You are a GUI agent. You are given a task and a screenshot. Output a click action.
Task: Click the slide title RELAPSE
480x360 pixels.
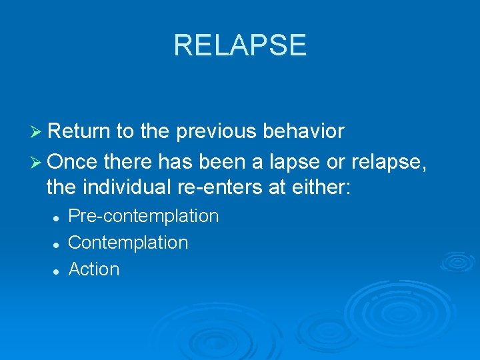[240, 45]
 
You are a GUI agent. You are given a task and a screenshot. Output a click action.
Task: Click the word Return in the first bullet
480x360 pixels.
[80, 131]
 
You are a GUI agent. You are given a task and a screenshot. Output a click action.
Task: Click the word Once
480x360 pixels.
[72, 159]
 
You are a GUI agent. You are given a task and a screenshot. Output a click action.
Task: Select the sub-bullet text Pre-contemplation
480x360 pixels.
[143, 216]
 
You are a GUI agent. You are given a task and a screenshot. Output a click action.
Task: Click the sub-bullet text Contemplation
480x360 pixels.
[128, 243]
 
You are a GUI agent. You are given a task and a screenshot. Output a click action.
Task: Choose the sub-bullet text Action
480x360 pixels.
[94, 269]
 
